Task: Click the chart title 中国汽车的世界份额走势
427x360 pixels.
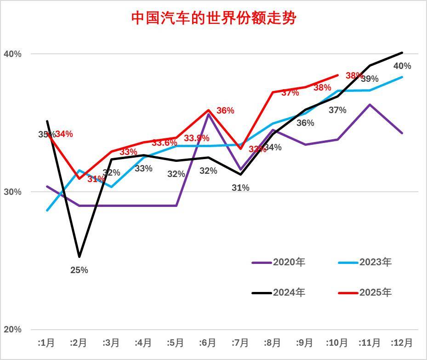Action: point(214,18)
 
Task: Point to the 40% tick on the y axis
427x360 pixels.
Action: point(12,54)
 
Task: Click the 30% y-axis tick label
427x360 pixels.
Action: point(12,192)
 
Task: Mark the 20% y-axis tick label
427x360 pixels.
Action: point(12,330)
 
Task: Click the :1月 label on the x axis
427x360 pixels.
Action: point(46,343)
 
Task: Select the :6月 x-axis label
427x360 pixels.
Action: point(208,343)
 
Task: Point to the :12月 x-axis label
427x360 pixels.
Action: point(402,343)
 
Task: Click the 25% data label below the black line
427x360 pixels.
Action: point(79,270)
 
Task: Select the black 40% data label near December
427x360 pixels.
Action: point(402,66)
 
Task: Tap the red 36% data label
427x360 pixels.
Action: point(225,111)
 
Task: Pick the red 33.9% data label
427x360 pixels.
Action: point(196,138)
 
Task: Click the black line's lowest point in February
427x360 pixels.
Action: point(79,257)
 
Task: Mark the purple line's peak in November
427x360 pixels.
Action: point(370,104)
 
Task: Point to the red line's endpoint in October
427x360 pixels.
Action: point(338,75)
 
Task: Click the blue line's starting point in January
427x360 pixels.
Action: point(47,211)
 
